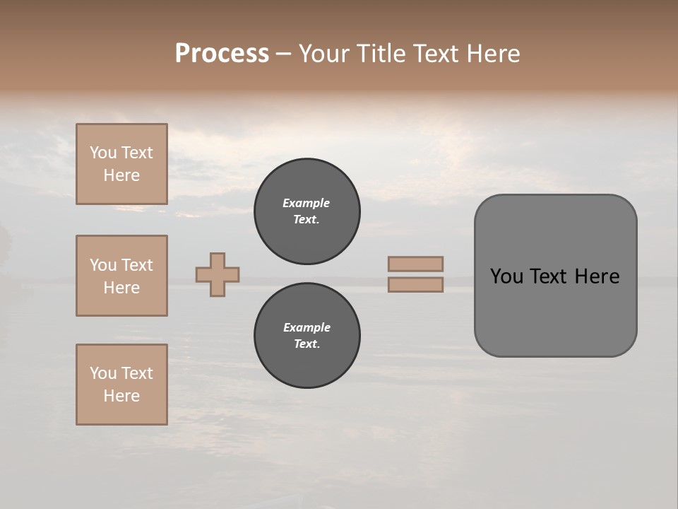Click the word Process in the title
click(222, 54)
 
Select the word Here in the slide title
click(492, 54)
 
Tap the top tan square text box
click(121, 164)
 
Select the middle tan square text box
click(121, 276)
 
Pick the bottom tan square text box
click(121, 385)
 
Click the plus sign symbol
click(218, 274)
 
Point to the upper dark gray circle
click(307, 211)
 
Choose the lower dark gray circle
click(307, 336)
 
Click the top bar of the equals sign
click(415, 264)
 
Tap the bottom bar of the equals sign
click(415, 284)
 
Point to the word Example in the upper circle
click(307, 203)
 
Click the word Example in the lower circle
click(307, 327)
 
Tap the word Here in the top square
click(121, 175)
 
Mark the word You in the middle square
click(102, 265)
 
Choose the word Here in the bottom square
click(121, 396)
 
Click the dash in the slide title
click(283, 54)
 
